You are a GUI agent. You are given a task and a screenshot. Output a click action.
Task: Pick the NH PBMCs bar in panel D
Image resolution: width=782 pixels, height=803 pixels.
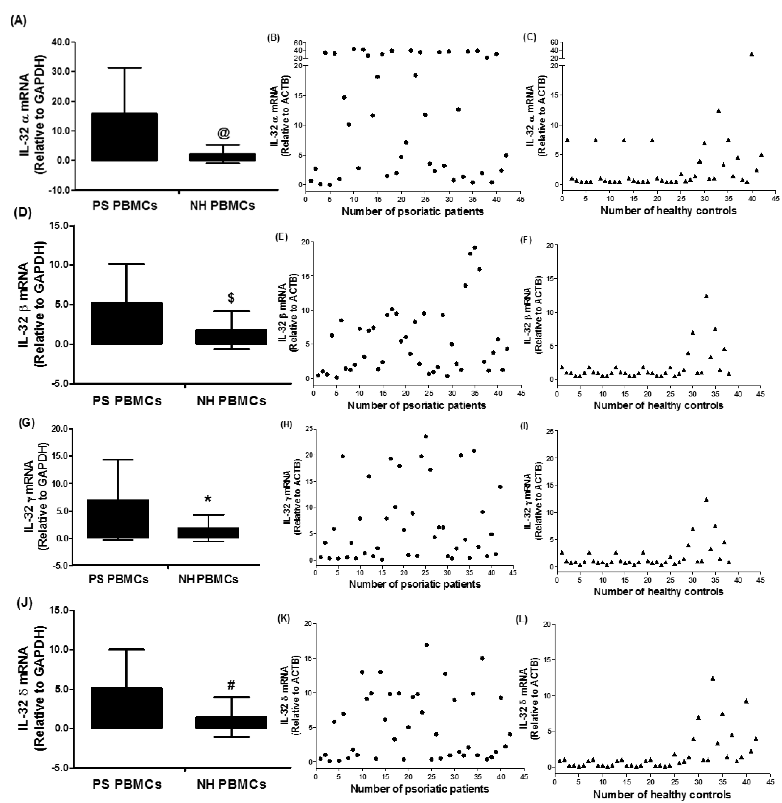[x=231, y=337]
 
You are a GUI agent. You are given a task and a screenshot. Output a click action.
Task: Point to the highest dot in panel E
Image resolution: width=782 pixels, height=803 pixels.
[x=474, y=247]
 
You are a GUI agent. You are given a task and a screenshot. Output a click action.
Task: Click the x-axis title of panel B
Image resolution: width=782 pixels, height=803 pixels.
[x=412, y=211]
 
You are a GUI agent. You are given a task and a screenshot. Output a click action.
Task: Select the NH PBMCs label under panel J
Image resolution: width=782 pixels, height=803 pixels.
[x=231, y=784]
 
